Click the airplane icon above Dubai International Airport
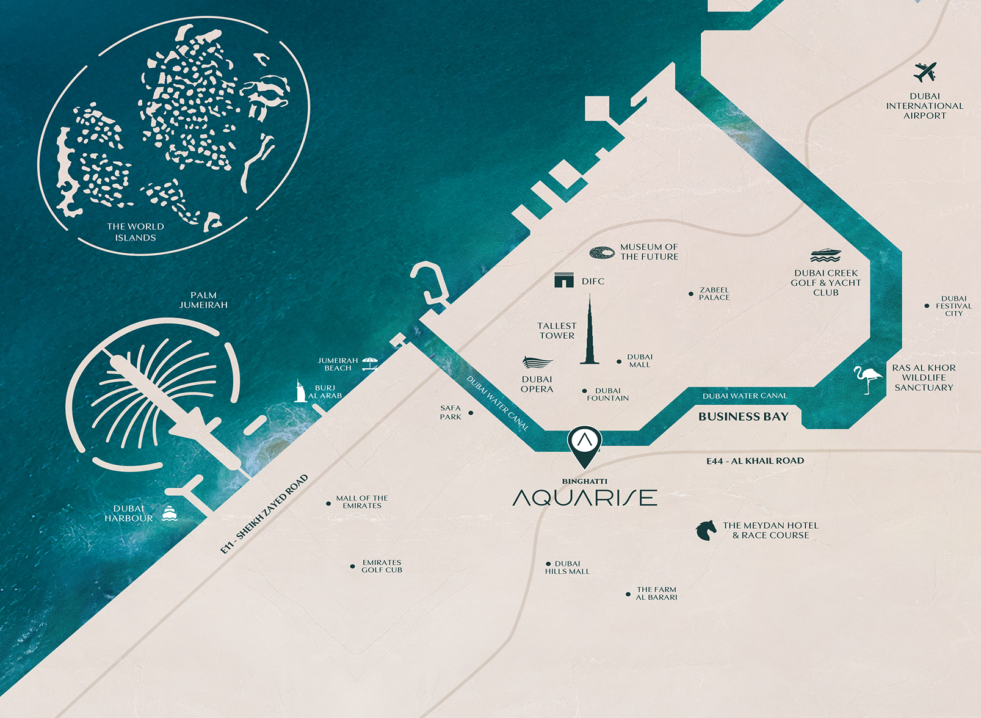click(925, 72)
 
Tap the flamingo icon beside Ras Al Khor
click(867, 378)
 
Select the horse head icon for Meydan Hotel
click(706, 530)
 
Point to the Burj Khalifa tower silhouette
click(590, 333)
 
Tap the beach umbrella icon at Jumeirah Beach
click(370, 364)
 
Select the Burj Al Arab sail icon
click(300, 391)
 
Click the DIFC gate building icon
click(564, 280)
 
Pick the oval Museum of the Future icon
click(602, 253)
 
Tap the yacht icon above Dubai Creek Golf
click(825, 255)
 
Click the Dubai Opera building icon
click(537, 363)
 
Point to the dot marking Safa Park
click(471, 413)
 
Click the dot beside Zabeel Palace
click(691, 294)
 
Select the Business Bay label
click(743, 416)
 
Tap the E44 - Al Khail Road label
click(755, 461)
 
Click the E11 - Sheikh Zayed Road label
click(264, 515)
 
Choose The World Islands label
click(136, 232)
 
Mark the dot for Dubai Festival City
click(927, 306)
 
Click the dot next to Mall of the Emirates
click(329, 504)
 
